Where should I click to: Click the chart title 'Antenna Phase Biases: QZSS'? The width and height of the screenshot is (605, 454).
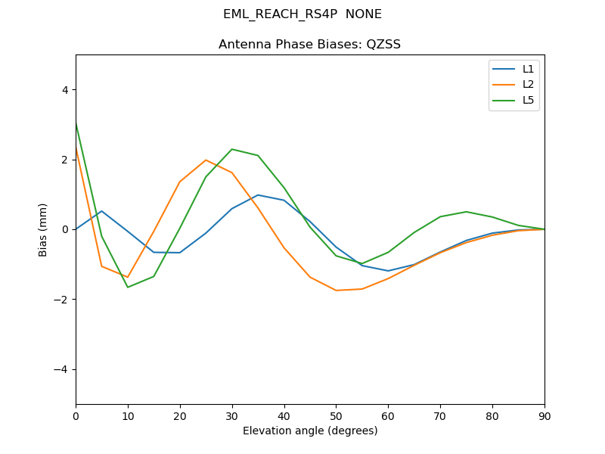[309, 45]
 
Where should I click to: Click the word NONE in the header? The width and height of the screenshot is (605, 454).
[364, 14]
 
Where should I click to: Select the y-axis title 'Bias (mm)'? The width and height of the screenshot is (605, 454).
[44, 229]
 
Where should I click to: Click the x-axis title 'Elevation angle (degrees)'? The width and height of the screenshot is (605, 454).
[309, 431]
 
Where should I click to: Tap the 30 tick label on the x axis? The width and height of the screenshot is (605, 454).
[232, 415]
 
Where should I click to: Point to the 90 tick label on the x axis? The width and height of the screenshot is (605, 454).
[544, 415]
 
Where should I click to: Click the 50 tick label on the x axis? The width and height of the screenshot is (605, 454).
[336, 415]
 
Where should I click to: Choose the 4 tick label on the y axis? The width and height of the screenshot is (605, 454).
[65, 89]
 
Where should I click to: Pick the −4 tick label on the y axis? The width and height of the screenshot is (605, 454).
[62, 369]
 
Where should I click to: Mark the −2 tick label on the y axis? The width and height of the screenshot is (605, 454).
[62, 300]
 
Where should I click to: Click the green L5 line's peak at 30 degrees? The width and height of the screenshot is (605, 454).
[232, 149]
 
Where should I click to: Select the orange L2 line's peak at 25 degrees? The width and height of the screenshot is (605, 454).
[206, 160]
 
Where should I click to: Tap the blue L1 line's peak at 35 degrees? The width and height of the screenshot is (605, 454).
[258, 195]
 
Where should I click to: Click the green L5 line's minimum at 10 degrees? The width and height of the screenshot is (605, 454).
[128, 287]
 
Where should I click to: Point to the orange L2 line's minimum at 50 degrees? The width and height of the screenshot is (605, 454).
[336, 291]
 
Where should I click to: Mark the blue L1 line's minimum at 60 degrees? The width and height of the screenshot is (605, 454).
[388, 271]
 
